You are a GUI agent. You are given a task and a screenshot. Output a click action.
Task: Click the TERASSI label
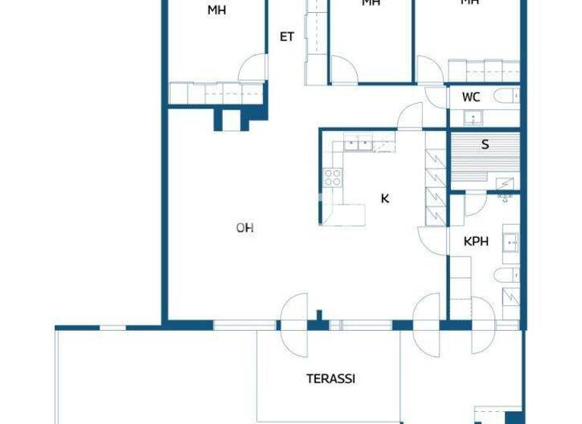(x=331, y=379)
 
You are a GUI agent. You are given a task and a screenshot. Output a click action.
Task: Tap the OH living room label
(x=244, y=227)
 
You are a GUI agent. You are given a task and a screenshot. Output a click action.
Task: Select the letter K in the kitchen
(x=385, y=198)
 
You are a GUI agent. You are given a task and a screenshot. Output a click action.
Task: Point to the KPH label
(x=476, y=242)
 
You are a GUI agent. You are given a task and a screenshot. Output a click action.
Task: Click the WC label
(x=471, y=98)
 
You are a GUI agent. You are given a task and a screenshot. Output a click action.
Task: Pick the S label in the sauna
(x=485, y=145)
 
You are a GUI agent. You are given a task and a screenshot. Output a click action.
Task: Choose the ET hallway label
(x=286, y=36)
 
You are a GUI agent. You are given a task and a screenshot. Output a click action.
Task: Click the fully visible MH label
(x=217, y=11)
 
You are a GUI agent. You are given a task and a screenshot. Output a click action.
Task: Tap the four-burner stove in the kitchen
(x=333, y=177)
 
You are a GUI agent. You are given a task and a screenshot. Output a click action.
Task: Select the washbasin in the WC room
(x=474, y=118)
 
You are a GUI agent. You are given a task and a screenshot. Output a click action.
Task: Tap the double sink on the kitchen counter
(x=357, y=141)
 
